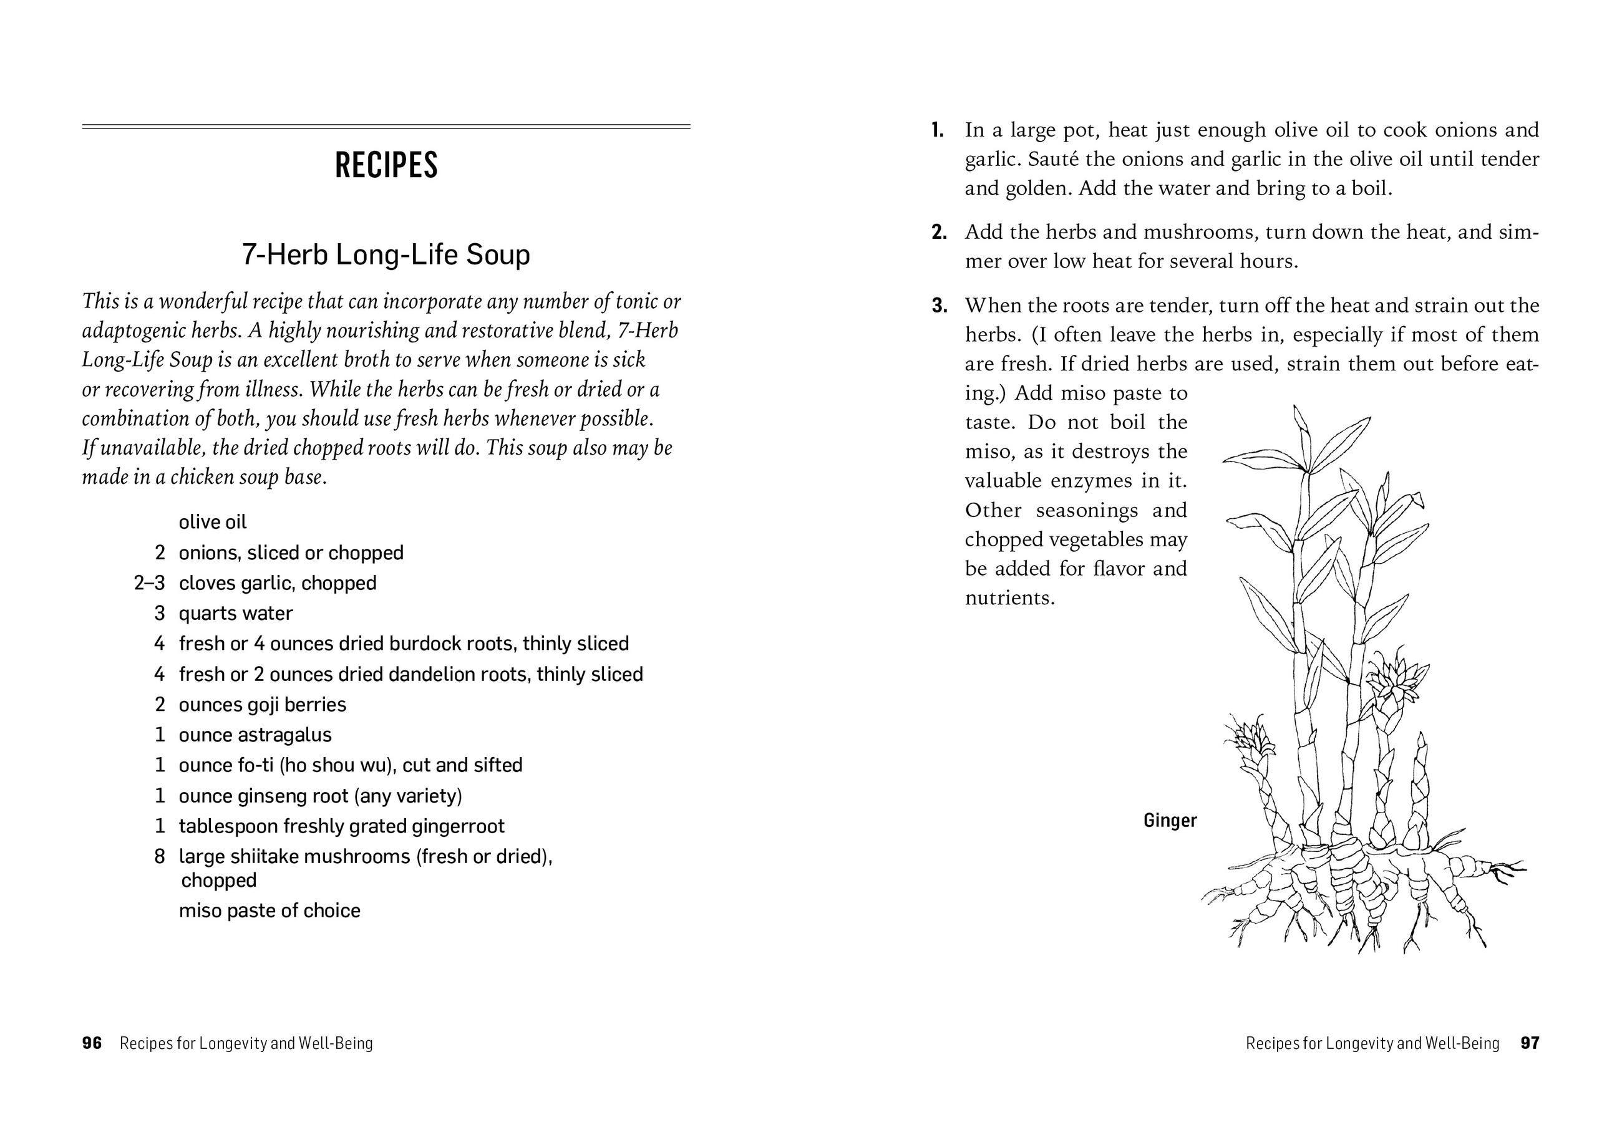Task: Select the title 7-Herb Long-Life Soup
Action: coord(386,254)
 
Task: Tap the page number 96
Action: coord(92,1043)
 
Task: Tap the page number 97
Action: coord(1530,1043)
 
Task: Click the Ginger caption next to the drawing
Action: coord(1170,821)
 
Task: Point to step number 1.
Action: coord(937,130)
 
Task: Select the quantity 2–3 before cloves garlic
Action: coord(149,584)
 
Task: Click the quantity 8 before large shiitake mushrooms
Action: coord(159,856)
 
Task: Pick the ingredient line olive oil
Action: coord(212,523)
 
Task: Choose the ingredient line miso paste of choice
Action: coord(270,910)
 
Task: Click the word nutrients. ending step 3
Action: coord(1009,599)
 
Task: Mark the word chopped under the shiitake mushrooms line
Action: coord(218,881)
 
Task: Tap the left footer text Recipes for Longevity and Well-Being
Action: coord(246,1043)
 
